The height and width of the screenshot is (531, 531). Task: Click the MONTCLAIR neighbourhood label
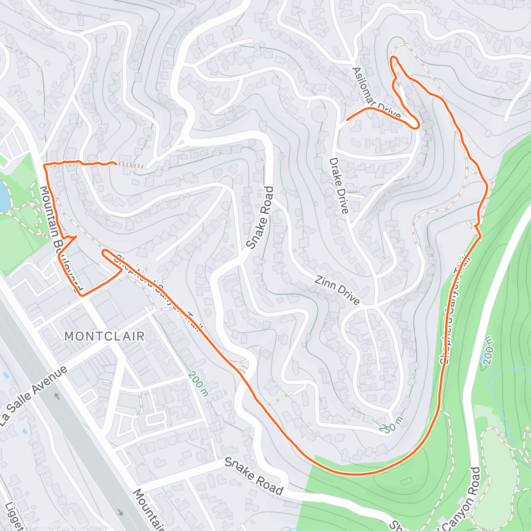coord(104,336)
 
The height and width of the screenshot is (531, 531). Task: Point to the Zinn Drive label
coord(337,290)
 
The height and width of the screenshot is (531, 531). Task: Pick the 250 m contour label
coord(391,426)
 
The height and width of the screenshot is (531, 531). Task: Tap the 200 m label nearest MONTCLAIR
coord(197,383)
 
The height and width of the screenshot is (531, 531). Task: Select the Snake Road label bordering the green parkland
coord(253,476)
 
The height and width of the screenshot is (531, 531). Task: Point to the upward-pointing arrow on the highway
coord(57,396)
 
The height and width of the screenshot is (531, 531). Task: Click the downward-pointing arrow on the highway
coord(120,512)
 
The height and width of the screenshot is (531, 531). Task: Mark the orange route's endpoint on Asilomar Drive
coord(346,120)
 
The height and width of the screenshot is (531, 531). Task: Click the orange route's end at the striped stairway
coord(116,164)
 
